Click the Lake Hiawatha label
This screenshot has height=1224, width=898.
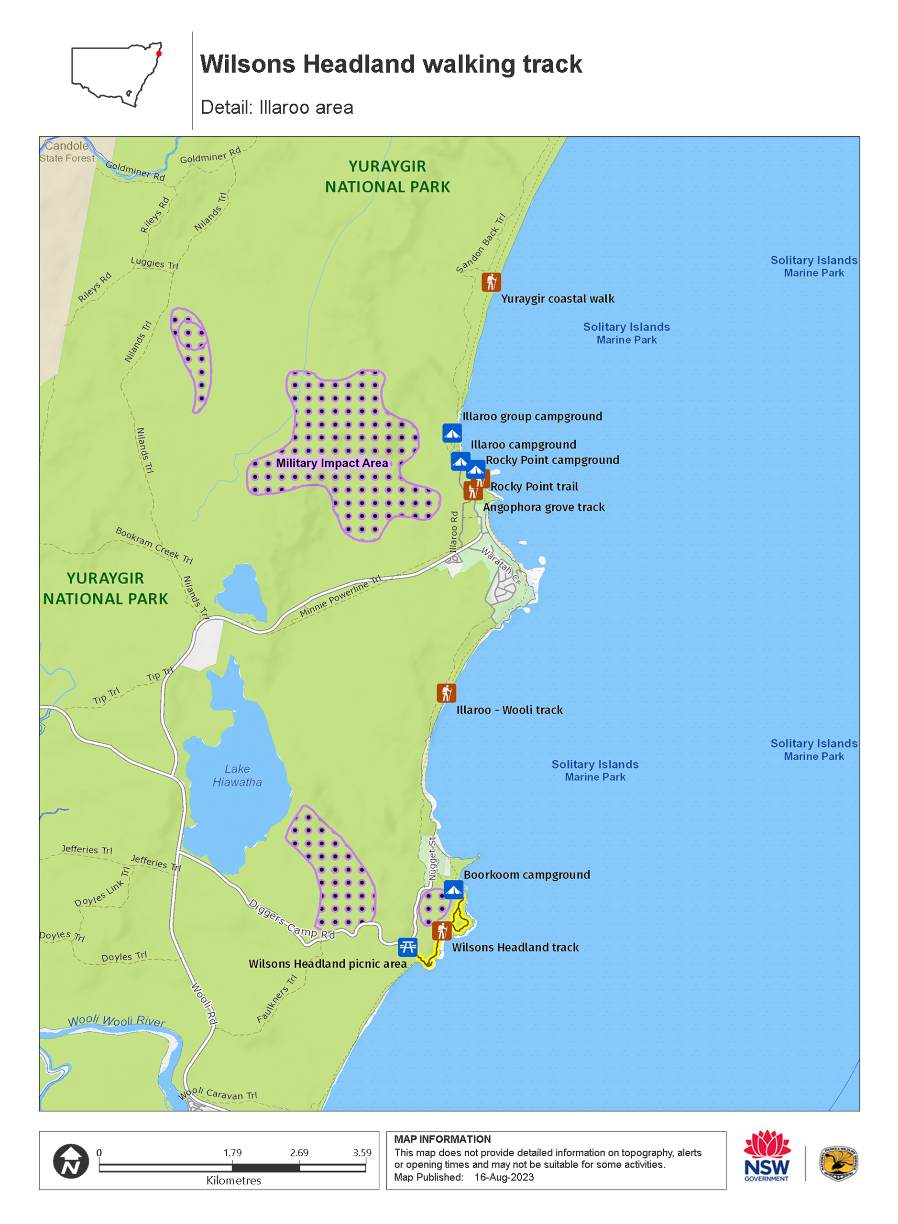click(x=237, y=776)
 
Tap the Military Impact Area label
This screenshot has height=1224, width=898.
click(x=332, y=463)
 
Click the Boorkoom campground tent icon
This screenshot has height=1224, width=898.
click(x=453, y=890)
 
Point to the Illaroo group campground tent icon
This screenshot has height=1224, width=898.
click(x=452, y=433)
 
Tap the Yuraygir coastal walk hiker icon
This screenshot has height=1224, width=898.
click(x=492, y=282)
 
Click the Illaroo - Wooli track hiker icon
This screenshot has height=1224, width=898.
click(x=446, y=693)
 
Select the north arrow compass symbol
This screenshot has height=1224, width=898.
click(x=71, y=1161)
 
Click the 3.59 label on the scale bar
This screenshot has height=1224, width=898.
click(x=362, y=1152)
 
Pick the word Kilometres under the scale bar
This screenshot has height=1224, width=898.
click(x=234, y=1180)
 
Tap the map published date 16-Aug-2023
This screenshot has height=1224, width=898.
click(x=504, y=1177)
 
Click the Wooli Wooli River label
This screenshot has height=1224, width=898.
click(x=116, y=1021)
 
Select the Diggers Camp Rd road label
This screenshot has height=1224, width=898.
click(x=291, y=919)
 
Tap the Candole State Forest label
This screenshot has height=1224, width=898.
click(x=67, y=152)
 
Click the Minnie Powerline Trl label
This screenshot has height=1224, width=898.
click(x=340, y=596)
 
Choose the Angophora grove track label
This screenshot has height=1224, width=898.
click(x=544, y=507)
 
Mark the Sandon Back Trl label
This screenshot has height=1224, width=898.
click(x=481, y=243)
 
